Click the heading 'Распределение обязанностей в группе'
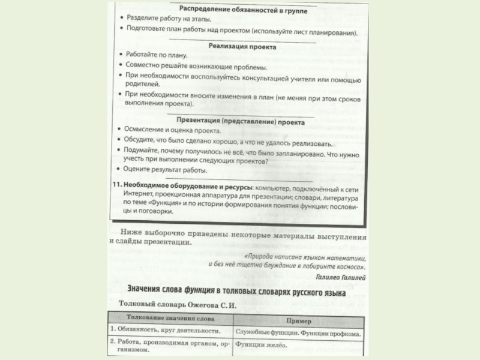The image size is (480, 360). (x=242, y=8)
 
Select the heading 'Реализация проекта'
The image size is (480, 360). (x=242, y=46)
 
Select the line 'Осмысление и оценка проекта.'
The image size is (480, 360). (x=174, y=131)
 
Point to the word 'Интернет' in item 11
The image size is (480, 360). (x=139, y=195)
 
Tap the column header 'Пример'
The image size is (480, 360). (x=298, y=320)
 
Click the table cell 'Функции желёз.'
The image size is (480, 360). (x=259, y=344)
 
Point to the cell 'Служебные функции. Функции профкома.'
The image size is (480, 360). (x=298, y=332)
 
